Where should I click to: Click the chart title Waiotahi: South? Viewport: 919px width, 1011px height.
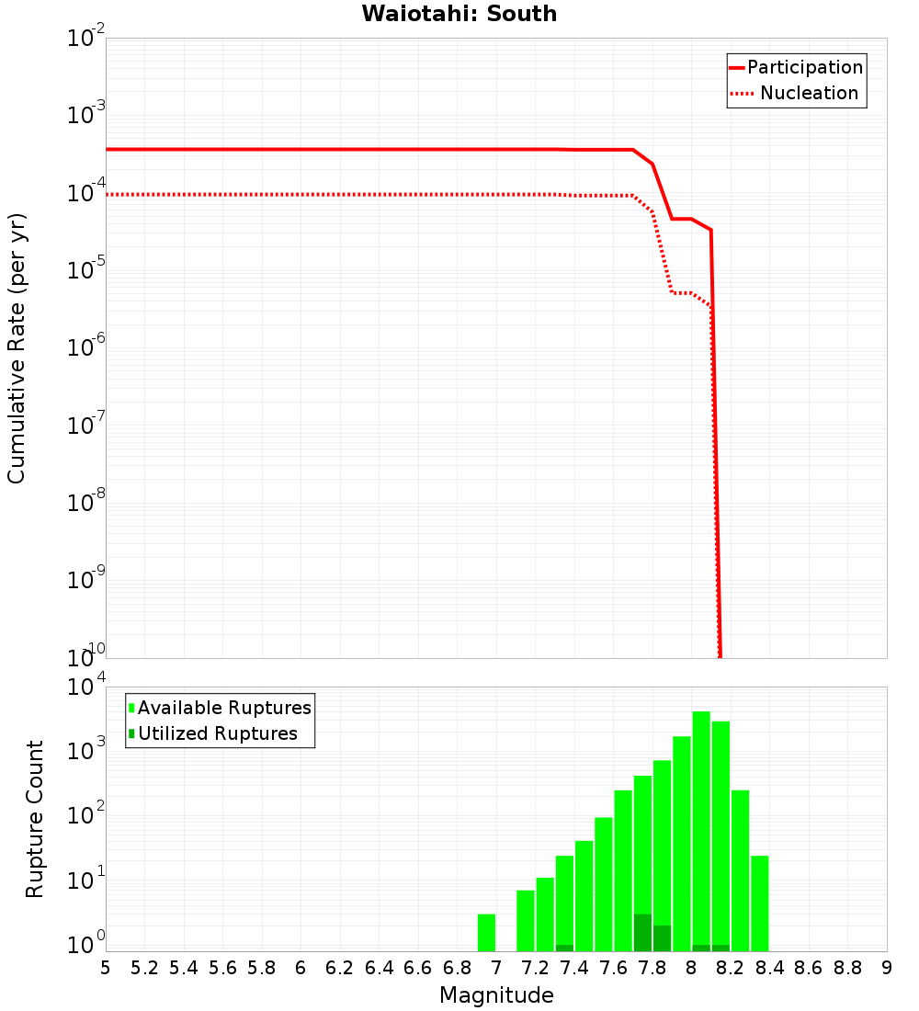pyautogui.click(x=459, y=14)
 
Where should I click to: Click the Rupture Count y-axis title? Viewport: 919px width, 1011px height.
pyautogui.click(x=35, y=819)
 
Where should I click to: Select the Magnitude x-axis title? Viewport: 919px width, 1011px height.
pyautogui.click(x=496, y=994)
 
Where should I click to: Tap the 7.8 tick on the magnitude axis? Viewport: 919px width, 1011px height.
pyautogui.click(x=652, y=968)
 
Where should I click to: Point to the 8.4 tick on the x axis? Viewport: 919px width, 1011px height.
pyautogui.click(x=769, y=968)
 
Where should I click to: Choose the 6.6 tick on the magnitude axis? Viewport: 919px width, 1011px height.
pyautogui.click(x=418, y=968)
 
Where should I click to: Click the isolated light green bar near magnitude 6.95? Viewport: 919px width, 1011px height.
pyautogui.click(x=486, y=932)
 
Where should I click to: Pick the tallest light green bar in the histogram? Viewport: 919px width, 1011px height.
pyautogui.click(x=701, y=831)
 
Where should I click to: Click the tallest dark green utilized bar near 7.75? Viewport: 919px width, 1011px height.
pyautogui.click(x=642, y=932)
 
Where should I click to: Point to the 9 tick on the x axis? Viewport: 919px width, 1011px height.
pyautogui.click(x=887, y=968)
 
